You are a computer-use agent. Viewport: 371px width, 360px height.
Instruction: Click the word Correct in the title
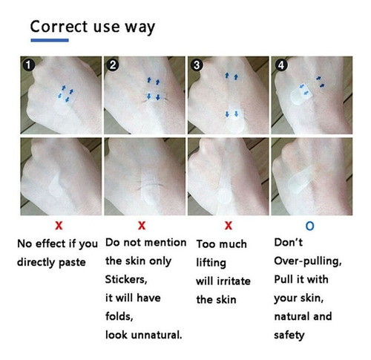click(x=59, y=27)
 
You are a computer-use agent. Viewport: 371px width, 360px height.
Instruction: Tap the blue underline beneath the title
click(x=50, y=40)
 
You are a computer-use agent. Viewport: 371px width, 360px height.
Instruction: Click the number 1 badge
click(x=28, y=65)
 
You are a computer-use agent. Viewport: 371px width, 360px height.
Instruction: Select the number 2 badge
click(x=113, y=65)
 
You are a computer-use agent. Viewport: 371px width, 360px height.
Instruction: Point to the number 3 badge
click(x=197, y=65)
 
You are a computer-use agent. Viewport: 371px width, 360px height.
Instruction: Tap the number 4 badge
click(x=281, y=65)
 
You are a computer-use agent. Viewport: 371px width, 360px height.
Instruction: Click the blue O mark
click(x=310, y=226)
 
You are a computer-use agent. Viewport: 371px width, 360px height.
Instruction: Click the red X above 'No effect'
click(x=59, y=226)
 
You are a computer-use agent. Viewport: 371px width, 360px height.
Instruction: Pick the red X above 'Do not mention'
click(x=142, y=226)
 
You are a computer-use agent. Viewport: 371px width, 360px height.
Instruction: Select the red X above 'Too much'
click(x=229, y=226)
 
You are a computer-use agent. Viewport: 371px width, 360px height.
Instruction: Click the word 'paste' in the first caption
click(x=72, y=263)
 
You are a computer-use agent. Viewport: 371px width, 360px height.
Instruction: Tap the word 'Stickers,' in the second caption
click(x=126, y=280)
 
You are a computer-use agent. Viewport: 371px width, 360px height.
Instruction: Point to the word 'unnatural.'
click(x=157, y=335)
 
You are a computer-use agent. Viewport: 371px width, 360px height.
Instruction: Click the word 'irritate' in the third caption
click(x=234, y=281)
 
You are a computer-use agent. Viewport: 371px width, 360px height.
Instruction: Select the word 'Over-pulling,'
click(x=308, y=261)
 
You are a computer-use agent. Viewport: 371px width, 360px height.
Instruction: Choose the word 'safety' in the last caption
click(x=289, y=336)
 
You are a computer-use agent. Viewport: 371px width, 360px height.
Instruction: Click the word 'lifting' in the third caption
click(x=211, y=263)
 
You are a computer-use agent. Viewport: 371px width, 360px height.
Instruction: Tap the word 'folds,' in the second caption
click(x=119, y=316)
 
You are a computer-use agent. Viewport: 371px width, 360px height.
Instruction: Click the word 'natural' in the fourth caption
click(x=292, y=316)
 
